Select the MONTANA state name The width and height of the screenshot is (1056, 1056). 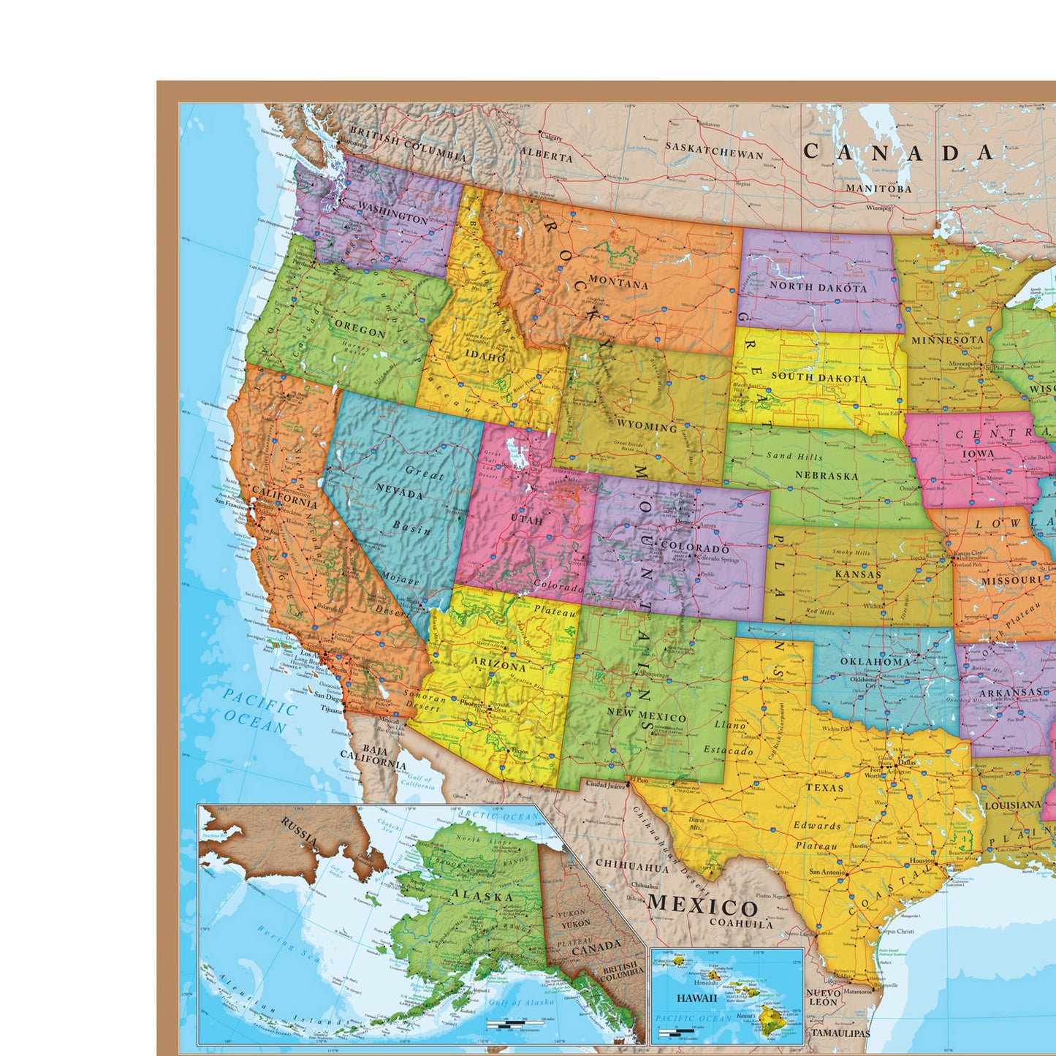pyautogui.click(x=618, y=283)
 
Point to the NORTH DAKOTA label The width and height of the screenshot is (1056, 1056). pyautogui.click(x=818, y=287)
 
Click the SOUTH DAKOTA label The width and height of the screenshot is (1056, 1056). pyautogui.click(x=819, y=378)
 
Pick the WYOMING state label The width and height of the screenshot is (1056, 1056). pyautogui.click(x=647, y=425)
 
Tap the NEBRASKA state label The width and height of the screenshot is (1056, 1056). pyautogui.click(x=827, y=475)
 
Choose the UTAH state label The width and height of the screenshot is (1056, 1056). pyautogui.click(x=527, y=520)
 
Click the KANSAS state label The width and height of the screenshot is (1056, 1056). pyautogui.click(x=858, y=574)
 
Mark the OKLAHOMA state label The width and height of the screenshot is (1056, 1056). pyautogui.click(x=875, y=661)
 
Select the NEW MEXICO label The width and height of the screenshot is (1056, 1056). pyautogui.click(x=647, y=717)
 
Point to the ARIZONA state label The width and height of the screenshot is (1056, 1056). pyautogui.click(x=498, y=666)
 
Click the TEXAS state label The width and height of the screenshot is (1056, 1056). pyautogui.click(x=824, y=788)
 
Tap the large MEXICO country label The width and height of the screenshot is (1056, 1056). pyautogui.click(x=702, y=906)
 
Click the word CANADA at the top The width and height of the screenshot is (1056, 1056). pyautogui.click(x=899, y=152)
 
